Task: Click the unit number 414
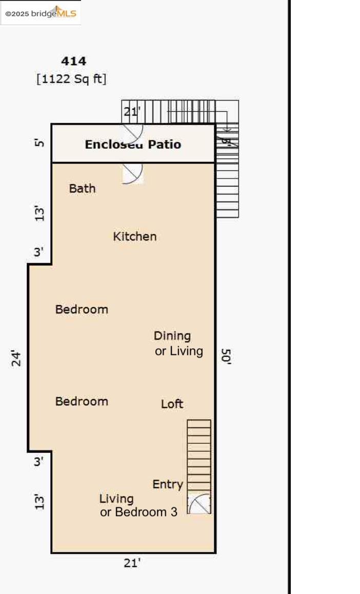coord(74,61)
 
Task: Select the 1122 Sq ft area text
coord(71,78)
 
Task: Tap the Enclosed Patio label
coord(133,144)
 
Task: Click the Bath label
coord(82,188)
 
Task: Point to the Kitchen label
coord(134,236)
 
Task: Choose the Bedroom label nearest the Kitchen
coord(82,309)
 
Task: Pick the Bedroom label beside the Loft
coord(82,401)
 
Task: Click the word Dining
coord(172,336)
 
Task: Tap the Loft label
coord(172,404)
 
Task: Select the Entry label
coord(168,484)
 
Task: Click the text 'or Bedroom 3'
coord(138,512)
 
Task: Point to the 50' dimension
coord(226,356)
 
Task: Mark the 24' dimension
coord(17,358)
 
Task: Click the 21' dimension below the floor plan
coord(132,563)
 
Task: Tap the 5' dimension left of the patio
coord(39,143)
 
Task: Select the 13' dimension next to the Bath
coord(39,213)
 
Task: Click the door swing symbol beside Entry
coord(199,504)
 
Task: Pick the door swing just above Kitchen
coord(133,173)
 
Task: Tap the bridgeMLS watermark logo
coord(41,13)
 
